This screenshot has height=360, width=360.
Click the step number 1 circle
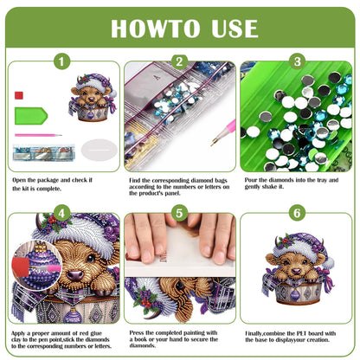[61, 61]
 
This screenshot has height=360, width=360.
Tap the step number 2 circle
[179, 61]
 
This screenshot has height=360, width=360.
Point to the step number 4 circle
[61, 213]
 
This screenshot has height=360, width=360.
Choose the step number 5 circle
[179, 213]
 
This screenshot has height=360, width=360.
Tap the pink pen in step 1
[35, 135]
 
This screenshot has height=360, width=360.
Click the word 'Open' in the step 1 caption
[21, 179]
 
